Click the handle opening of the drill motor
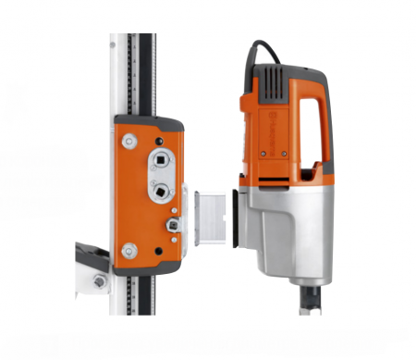311,125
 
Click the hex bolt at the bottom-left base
99,280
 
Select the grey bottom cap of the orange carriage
148,267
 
